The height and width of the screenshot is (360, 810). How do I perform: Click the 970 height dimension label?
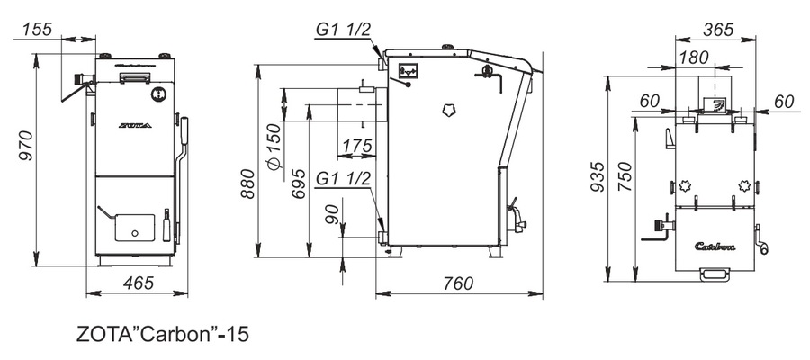coord(25,146)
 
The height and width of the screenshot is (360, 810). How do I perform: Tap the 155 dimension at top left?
coord(37,29)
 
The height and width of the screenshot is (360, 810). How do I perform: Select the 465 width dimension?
coord(139,283)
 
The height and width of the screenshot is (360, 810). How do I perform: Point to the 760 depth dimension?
coord(458,283)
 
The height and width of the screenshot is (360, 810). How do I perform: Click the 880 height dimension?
coord(247,184)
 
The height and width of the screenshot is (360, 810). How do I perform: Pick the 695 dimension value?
coord(298,184)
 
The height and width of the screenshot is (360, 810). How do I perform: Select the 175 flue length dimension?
coord(355,146)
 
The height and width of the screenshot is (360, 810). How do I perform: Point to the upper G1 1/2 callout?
coord(343,30)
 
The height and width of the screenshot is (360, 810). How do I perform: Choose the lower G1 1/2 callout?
coord(343,179)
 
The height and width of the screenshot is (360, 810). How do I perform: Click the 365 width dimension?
coord(718,30)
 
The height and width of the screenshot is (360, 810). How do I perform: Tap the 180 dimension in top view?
coord(694,58)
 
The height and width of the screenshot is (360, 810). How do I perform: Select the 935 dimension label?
coord(597,176)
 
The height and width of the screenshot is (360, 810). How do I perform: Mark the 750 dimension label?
coord(625,176)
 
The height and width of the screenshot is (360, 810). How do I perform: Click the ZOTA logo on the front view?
coord(135,125)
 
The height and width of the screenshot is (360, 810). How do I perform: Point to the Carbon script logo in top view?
coord(715,247)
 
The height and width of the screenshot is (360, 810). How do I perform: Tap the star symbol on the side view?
coord(448,110)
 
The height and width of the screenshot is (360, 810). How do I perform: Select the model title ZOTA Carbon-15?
coord(163,334)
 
